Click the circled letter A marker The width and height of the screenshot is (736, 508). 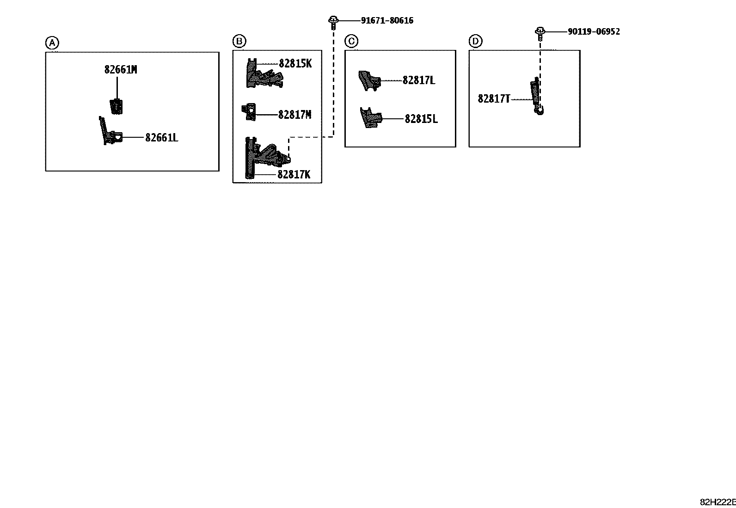pos(52,43)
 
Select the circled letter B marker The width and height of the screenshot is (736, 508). pos(239,41)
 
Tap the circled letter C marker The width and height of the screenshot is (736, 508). pos(351,41)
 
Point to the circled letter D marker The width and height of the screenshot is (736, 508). pos(475,42)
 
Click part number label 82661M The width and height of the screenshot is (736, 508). pos(121,70)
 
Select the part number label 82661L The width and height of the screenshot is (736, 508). pos(162,138)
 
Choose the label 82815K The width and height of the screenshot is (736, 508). pos(295,63)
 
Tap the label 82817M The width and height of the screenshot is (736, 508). pos(295,115)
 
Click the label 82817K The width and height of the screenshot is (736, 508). pos(294,174)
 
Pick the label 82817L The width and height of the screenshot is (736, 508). pos(419,80)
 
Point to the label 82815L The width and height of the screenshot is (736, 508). pos(421,119)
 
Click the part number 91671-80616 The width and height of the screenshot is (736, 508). pos(387,20)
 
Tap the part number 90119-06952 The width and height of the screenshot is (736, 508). pos(594,31)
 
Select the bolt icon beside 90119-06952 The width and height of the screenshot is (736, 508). pos(540,34)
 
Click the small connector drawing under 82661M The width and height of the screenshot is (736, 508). pos(116,106)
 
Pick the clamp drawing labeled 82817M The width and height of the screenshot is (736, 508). pos(249,112)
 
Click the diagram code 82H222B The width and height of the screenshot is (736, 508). pos(718,502)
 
